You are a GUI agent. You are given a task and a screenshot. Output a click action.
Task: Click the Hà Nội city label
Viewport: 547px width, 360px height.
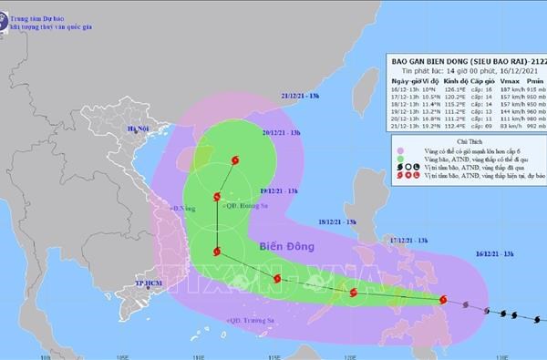pos(138,129)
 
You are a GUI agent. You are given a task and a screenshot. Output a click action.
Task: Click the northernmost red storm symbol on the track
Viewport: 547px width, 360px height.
pos(239,161)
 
